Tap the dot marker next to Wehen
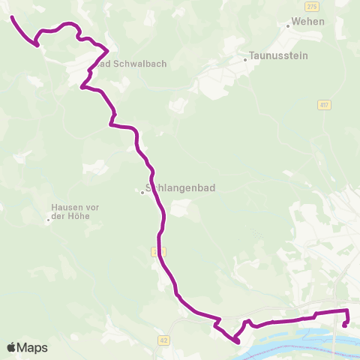click(x=288, y=25)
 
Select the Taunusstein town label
click(x=275, y=55)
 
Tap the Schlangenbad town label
click(x=180, y=190)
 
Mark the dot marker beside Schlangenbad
click(x=142, y=193)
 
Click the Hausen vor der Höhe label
click(x=75, y=211)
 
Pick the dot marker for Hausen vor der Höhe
click(x=49, y=220)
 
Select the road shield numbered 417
click(x=323, y=104)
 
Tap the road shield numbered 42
click(x=163, y=340)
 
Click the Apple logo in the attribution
click(x=12, y=347)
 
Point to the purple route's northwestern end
click(x=12, y=16)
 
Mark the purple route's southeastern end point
click(x=344, y=325)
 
